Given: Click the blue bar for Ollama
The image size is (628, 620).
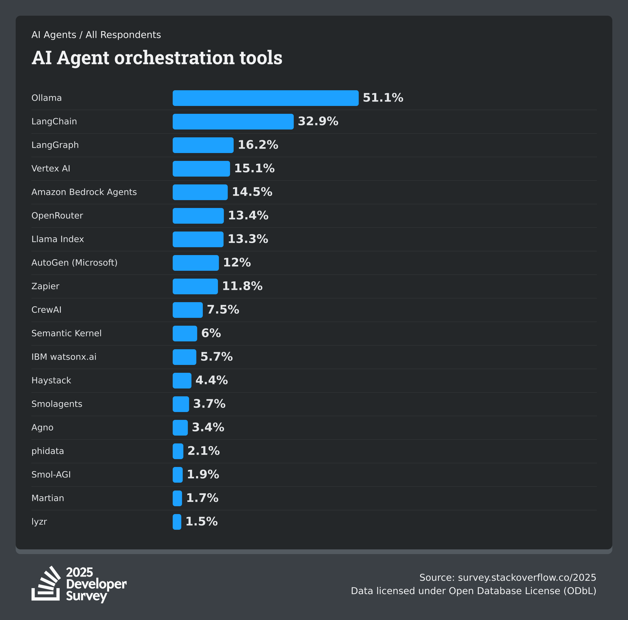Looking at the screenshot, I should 265,98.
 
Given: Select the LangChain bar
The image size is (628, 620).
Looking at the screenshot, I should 233,122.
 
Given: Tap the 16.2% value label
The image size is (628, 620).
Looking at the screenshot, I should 258,145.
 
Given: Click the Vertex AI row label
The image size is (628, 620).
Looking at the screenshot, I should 51,169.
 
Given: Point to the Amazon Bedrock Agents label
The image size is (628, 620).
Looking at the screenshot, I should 84,192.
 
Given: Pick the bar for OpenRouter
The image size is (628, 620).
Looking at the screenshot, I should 198,216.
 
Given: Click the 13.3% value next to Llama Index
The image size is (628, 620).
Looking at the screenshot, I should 248,239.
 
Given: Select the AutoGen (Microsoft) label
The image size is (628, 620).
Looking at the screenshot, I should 74,263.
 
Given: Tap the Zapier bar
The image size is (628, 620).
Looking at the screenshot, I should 195,286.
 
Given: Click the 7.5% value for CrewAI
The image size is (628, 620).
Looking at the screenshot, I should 223,310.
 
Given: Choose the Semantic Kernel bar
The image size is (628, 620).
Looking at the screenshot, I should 185,333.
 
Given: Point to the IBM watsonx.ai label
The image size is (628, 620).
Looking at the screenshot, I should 64,357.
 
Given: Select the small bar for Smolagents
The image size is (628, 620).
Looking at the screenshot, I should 181,404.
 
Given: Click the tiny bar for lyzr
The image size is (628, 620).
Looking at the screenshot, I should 177,522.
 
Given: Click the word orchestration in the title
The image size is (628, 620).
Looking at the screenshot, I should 174,58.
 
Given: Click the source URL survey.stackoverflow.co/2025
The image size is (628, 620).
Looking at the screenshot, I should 526,577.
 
